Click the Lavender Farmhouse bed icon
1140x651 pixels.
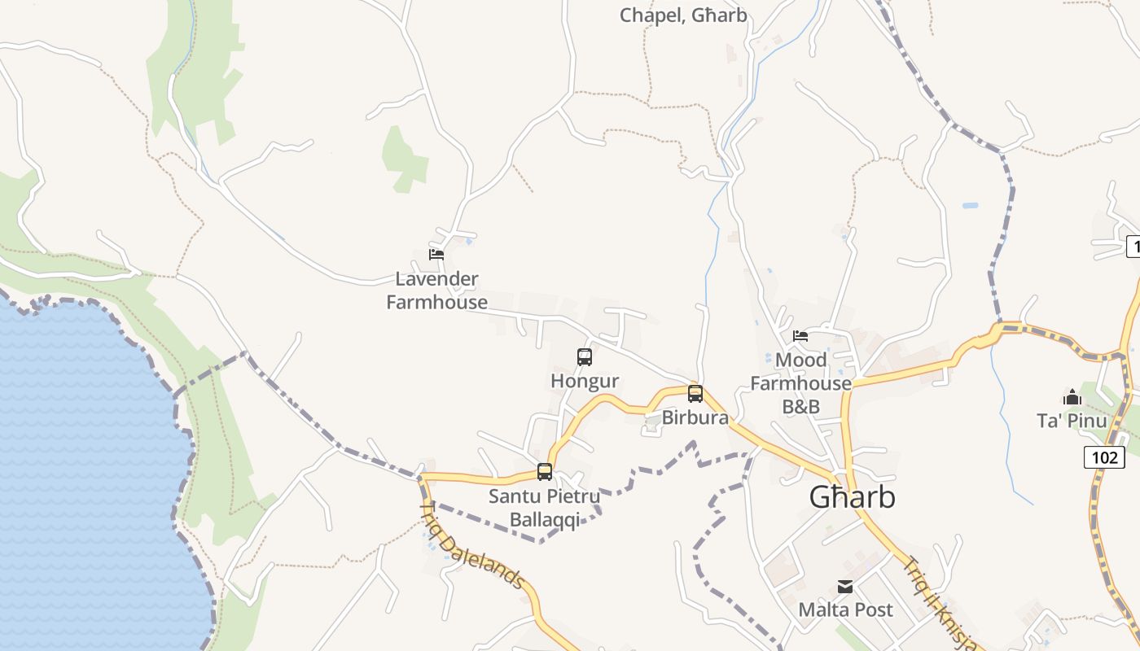[436, 254]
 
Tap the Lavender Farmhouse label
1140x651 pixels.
[437, 291]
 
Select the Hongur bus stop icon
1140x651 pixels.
[585, 356]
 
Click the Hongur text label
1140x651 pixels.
[585, 381]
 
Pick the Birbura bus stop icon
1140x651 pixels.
[695, 394]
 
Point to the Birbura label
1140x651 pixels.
[695, 418]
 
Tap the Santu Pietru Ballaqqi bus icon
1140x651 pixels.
[545, 471]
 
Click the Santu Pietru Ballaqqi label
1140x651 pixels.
[545, 508]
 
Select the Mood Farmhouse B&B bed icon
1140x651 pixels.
[800, 335]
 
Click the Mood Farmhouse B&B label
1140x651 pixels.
[801, 382]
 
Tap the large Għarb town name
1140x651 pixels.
[853, 497]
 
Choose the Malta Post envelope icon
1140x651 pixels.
[845, 586]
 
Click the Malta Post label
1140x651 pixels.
[845, 609]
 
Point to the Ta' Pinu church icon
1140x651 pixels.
[1072, 397]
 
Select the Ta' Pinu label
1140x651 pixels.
[1072, 421]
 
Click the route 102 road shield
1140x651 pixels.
[1104, 457]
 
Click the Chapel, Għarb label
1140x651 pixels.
[683, 15]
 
